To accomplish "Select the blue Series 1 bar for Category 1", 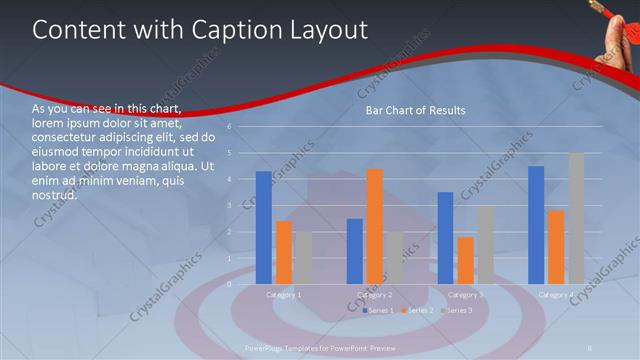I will [x=263, y=227].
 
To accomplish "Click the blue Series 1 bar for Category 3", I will [x=445, y=238].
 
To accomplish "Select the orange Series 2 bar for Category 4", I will [x=556, y=247].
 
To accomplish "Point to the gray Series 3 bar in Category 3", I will [x=485, y=245].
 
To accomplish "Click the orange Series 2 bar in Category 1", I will [x=284, y=252].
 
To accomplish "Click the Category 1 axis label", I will [x=284, y=295].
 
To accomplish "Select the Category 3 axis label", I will [x=465, y=295].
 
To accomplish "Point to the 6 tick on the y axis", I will [x=230, y=127].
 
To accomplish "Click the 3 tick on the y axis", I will [x=230, y=205].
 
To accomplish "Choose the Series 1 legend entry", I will [x=379, y=311].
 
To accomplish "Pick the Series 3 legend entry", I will [x=458, y=311].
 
